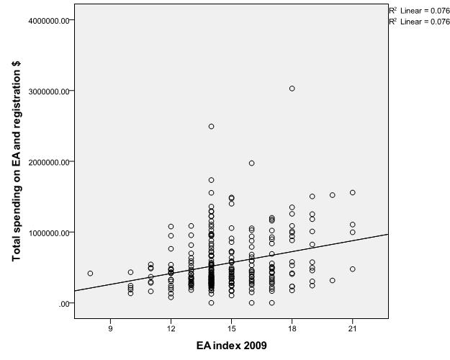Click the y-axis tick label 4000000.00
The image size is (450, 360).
click(x=49, y=20)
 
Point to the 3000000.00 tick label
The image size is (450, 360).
click(x=49, y=91)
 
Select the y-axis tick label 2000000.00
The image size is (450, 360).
click(x=49, y=162)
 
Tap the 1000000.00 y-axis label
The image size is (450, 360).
click(x=49, y=233)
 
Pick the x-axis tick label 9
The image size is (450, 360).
click(x=110, y=328)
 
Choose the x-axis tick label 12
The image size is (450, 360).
click(x=171, y=328)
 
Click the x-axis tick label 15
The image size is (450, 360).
click(x=231, y=328)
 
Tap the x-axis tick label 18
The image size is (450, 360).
click(x=292, y=328)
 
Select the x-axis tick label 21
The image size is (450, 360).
click(x=352, y=328)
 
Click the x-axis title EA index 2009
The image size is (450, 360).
click(x=231, y=346)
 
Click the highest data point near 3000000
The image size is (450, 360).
click(x=292, y=89)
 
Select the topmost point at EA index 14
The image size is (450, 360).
click(x=211, y=126)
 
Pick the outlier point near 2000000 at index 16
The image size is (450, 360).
click(x=251, y=163)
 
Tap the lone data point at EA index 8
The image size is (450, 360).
click(x=90, y=274)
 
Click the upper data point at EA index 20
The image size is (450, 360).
click(x=333, y=195)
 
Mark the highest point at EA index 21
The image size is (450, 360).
click(x=353, y=192)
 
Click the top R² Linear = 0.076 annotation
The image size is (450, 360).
click(x=420, y=10)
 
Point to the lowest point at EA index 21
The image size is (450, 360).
click(x=353, y=269)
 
